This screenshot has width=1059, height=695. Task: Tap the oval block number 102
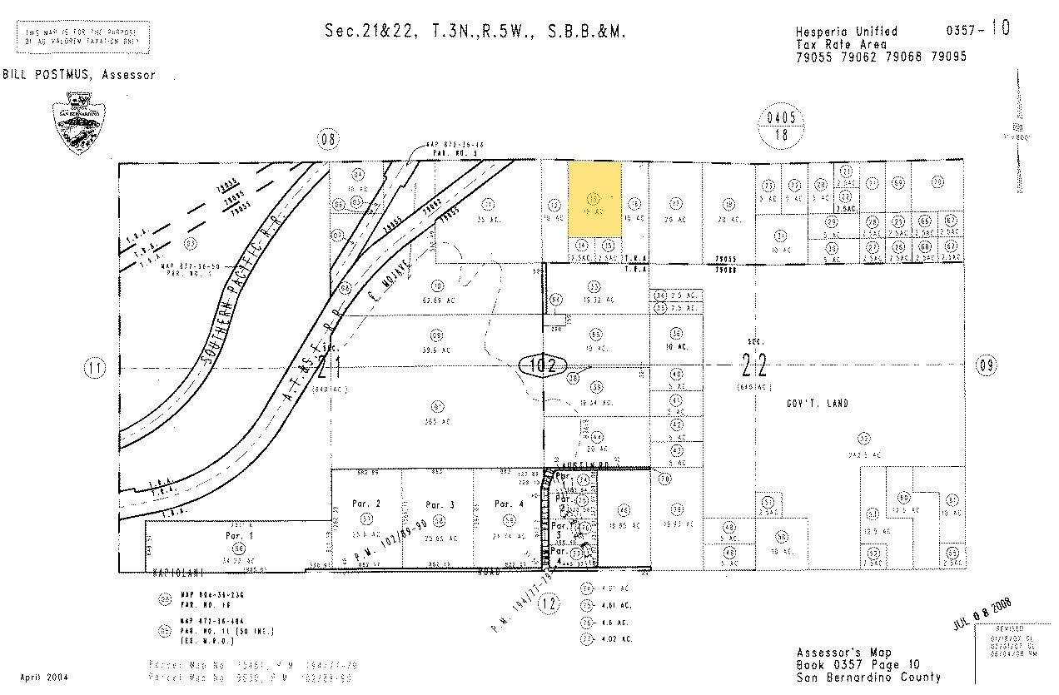tap(543, 365)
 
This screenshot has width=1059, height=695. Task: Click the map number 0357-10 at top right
tap(977, 29)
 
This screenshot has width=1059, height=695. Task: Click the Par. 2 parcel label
tap(366, 504)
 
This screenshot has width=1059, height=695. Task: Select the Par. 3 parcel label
tap(439, 504)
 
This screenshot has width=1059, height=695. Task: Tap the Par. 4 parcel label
tap(507, 504)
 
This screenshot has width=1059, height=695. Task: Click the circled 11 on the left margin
tap(97, 366)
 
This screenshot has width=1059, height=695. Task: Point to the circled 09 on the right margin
tap(987, 365)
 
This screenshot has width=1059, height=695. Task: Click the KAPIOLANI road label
tap(179, 573)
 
